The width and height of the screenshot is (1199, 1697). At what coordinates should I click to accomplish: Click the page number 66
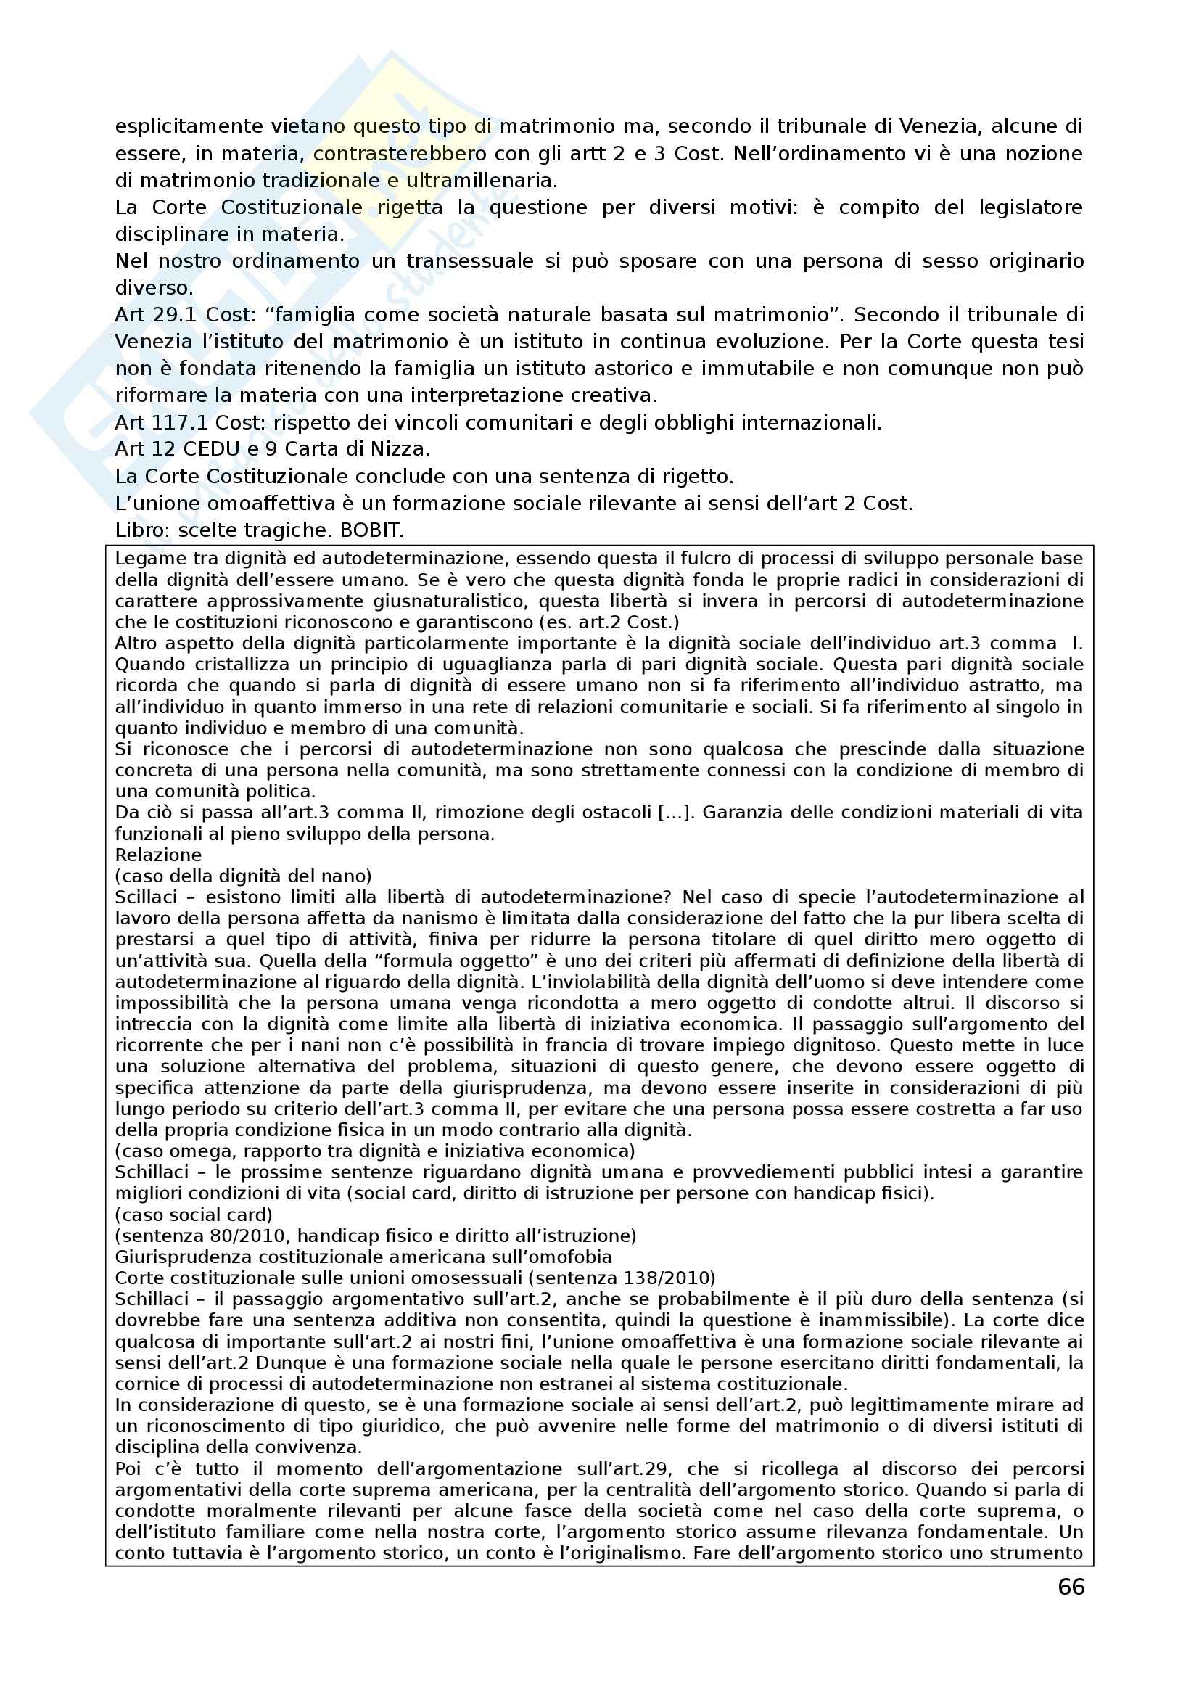coord(1071,1587)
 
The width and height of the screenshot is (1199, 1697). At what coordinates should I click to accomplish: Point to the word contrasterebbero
coord(400,154)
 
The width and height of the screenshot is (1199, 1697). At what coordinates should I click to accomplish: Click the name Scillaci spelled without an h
coord(147,897)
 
